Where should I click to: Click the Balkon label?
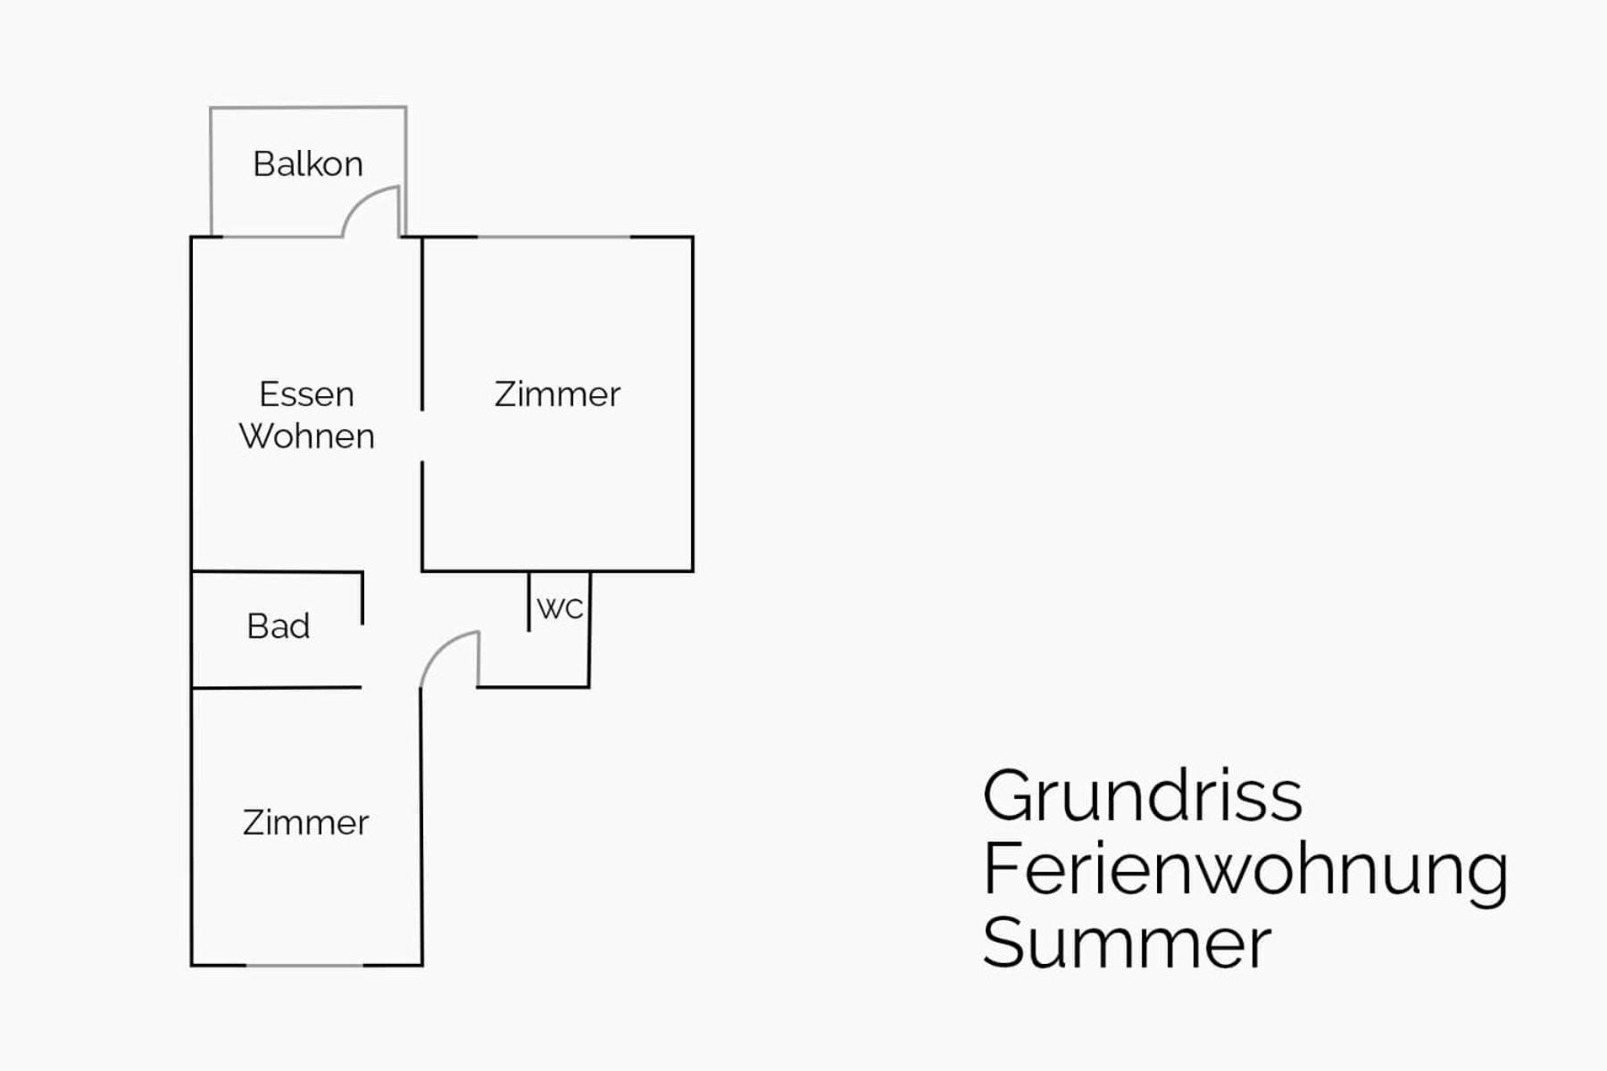(x=308, y=164)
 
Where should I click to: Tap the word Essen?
(x=306, y=394)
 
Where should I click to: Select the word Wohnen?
(x=306, y=436)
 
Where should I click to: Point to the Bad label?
(x=279, y=626)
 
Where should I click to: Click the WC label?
(x=560, y=609)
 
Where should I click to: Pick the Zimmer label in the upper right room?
(x=557, y=394)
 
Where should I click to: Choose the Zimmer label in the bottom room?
(x=305, y=822)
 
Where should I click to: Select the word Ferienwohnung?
(x=1245, y=869)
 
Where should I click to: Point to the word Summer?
(x=1127, y=942)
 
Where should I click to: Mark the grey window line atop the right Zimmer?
(x=554, y=237)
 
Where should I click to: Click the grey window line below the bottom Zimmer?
(x=304, y=965)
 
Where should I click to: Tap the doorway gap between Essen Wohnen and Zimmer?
(x=422, y=436)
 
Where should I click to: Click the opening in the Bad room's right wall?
(x=362, y=656)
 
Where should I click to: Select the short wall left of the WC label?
(x=529, y=602)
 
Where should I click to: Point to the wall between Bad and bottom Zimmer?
(x=277, y=687)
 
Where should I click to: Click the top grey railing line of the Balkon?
(x=308, y=108)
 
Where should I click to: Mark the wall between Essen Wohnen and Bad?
(x=277, y=571)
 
